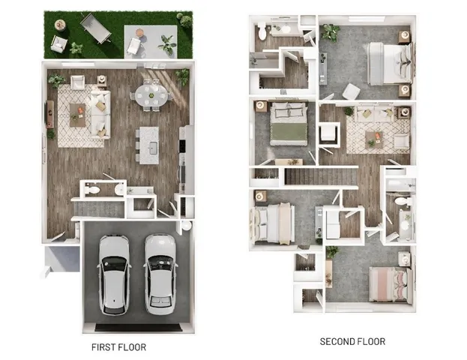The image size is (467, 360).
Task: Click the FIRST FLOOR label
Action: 118,347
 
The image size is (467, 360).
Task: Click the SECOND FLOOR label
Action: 352,342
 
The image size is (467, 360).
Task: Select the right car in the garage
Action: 160,274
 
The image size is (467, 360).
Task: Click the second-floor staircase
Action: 319,177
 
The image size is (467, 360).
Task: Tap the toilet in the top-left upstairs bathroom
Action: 262,32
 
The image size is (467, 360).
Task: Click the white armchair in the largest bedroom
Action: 350,91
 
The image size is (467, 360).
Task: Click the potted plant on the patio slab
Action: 167,45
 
